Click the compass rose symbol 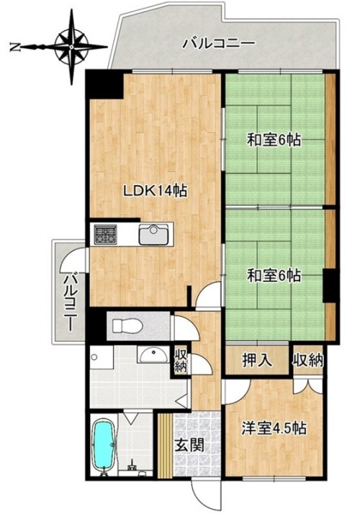tap(71, 47)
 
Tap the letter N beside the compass tap(14, 48)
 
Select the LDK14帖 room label tap(155, 191)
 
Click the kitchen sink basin tap(153, 235)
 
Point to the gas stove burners tap(106, 235)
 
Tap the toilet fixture tap(127, 326)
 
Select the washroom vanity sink tap(153, 355)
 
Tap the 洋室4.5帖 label tap(274, 428)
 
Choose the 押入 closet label tap(257, 361)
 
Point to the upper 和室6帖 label tap(274, 140)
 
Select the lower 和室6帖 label tap(274, 275)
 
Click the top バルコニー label tap(219, 44)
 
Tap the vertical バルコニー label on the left tap(70, 302)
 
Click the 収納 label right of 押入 tap(308, 361)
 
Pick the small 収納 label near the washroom tap(180, 361)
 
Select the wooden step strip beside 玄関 tap(165, 445)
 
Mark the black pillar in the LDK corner tap(104, 86)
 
